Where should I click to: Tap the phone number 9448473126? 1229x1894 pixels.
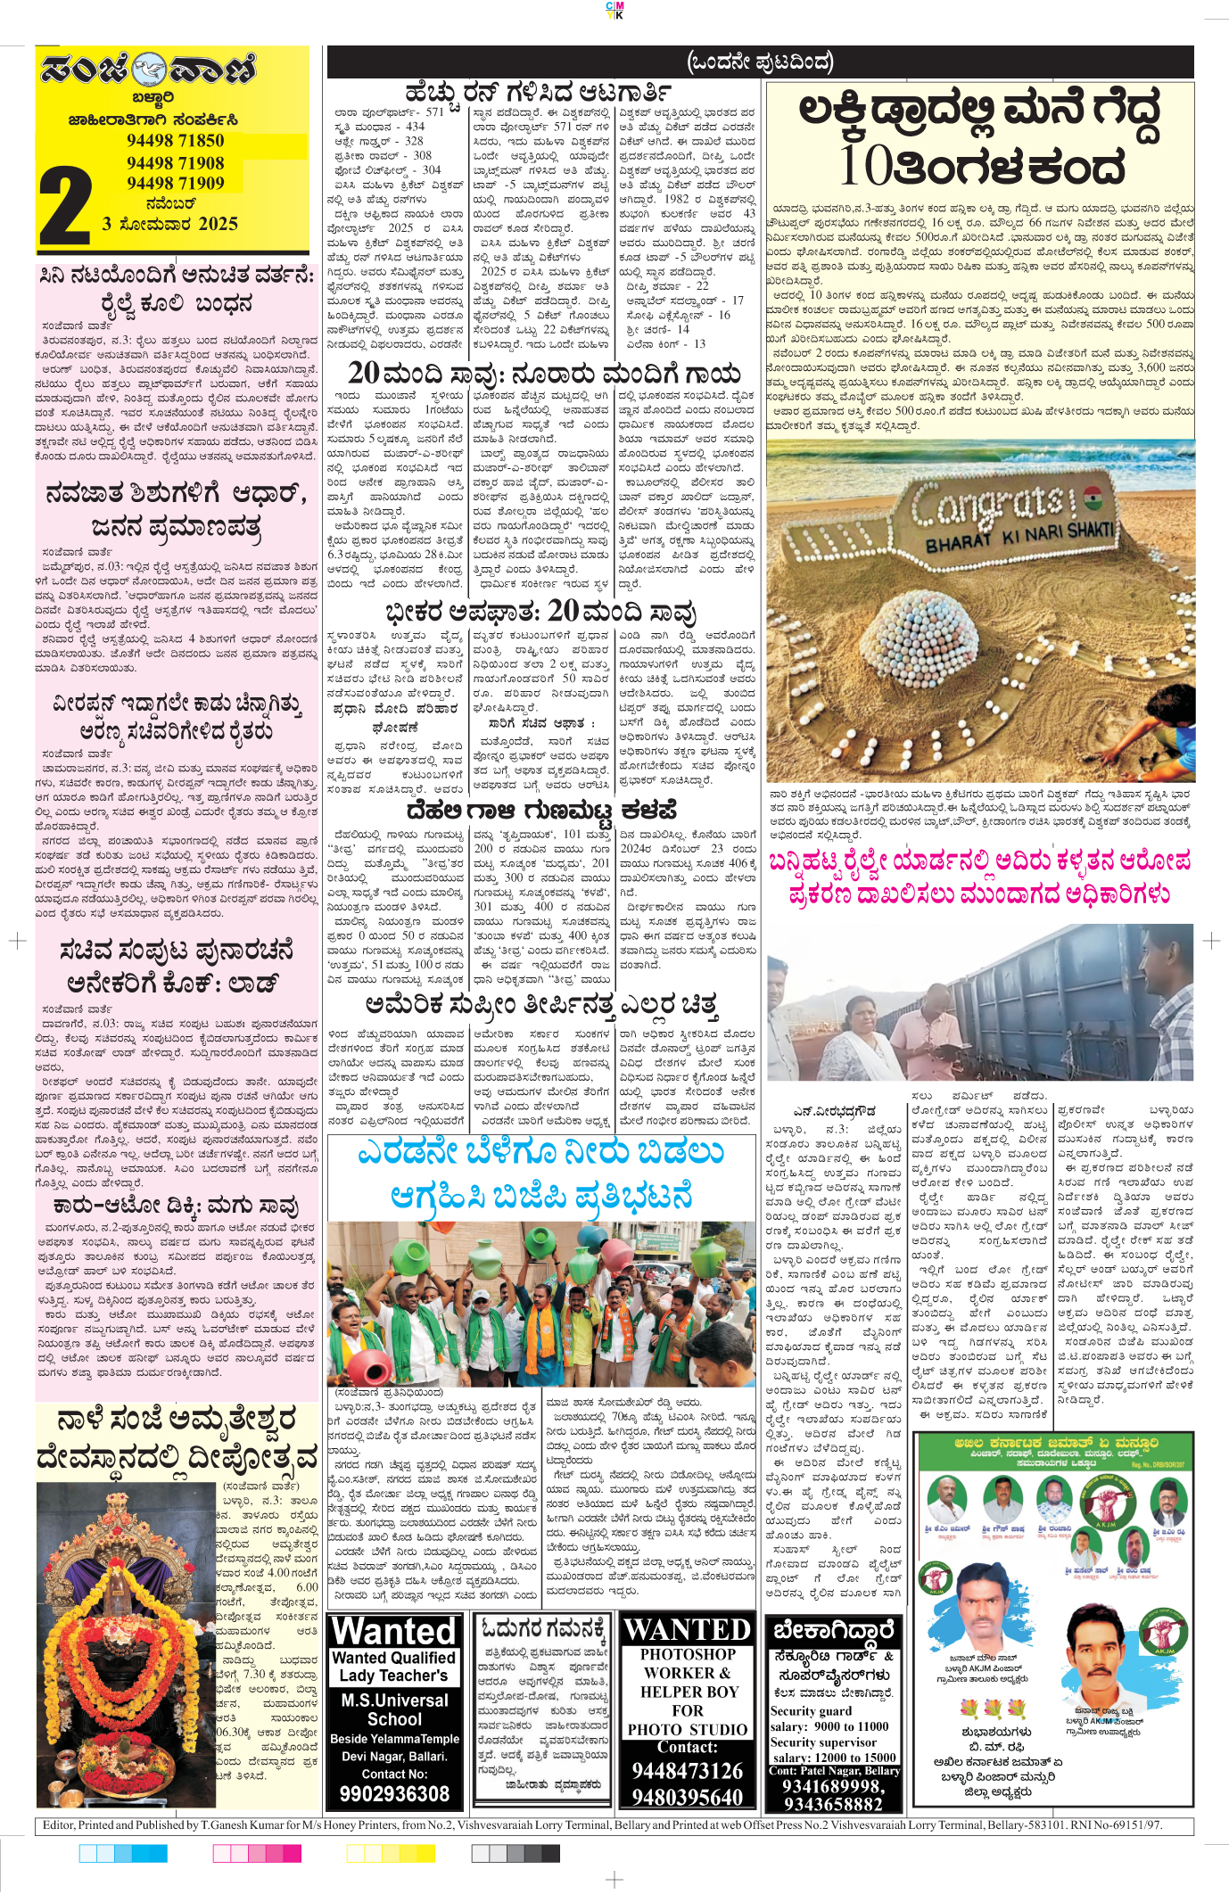point(687,1770)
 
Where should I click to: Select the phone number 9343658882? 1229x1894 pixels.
point(832,1804)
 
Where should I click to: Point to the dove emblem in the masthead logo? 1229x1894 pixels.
point(149,70)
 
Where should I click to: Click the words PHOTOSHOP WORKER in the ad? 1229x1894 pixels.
point(687,1663)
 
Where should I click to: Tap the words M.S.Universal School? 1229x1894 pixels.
point(394,1709)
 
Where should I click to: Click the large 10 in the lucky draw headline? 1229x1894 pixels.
point(867,166)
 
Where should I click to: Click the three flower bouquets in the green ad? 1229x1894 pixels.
point(993,1709)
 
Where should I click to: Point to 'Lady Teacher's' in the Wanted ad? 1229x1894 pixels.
point(393,1676)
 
